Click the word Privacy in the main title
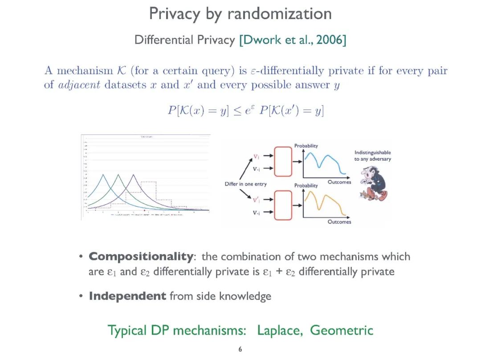pyautogui.click(x=175, y=14)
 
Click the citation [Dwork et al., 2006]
pyautogui.click(x=293, y=40)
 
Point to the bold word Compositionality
pyautogui.click(x=140, y=256)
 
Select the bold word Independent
pyautogui.click(x=127, y=296)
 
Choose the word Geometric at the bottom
pyautogui.click(x=342, y=331)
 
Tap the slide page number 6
pyautogui.click(x=240, y=349)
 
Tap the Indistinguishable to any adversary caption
pyautogui.click(x=373, y=156)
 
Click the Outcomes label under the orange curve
pyautogui.click(x=339, y=222)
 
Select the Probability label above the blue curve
pyautogui.click(x=306, y=146)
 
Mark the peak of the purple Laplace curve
pyautogui.click(x=133, y=174)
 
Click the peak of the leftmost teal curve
pyautogui.click(x=103, y=174)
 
